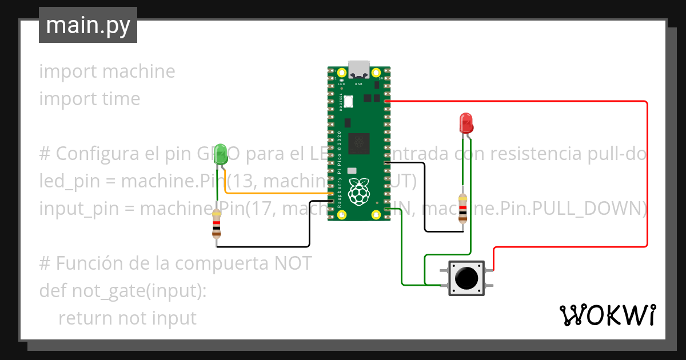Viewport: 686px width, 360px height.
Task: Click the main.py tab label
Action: click(87, 25)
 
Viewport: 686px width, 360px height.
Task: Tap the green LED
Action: click(220, 152)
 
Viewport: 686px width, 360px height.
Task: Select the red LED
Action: click(466, 122)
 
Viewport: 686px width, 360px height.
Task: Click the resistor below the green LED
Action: click(216, 223)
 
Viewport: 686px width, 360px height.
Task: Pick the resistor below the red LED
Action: click(462, 207)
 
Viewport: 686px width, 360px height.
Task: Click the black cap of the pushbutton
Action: click(466, 278)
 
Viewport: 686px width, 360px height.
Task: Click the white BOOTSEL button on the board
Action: click(348, 101)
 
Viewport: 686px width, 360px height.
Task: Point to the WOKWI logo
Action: click(607, 315)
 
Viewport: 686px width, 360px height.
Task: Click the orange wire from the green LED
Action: click(274, 195)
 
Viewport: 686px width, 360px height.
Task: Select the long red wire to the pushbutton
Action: click(647, 171)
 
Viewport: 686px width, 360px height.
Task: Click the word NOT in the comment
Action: click(294, 263)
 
